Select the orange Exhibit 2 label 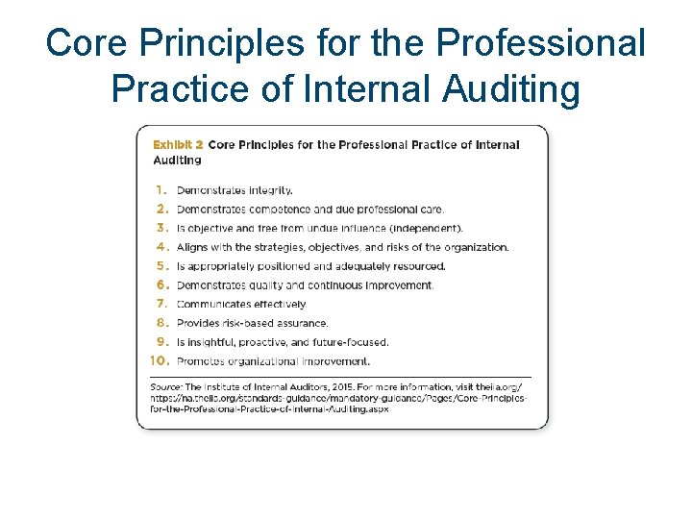[x=178, y=145]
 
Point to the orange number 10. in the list [x=160, y=361]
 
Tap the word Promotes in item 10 [x=201, y=361]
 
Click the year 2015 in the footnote [x=320, y=386]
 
